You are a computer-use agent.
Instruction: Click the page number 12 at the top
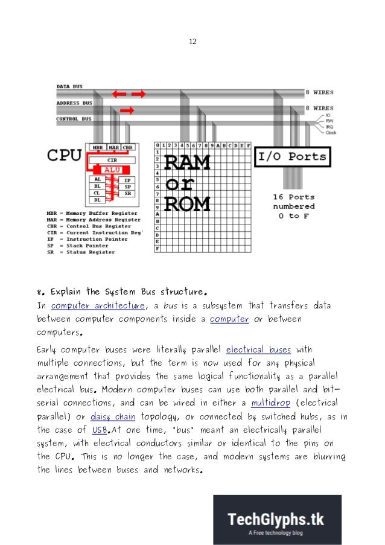[192, 42]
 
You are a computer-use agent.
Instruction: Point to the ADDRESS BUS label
[75, 103]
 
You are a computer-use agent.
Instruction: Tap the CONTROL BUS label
[74, 119]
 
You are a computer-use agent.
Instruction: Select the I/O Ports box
[292, 157]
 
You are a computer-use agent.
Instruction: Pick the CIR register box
[112, 161]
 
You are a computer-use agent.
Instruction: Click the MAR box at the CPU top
[113, 147]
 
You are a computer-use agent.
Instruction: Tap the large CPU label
[64, 155]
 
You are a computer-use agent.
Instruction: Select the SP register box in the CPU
[127, 187]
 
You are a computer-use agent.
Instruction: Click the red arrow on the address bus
[127, 110]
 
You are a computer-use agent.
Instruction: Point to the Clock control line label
[330, 133]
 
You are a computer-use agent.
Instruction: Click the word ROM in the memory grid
[187, 203]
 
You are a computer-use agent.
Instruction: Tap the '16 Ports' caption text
[294, 197]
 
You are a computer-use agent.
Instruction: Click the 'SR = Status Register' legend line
[80, 252]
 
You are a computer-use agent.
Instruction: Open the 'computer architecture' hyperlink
[98, 305]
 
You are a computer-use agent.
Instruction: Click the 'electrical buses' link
[258, 349]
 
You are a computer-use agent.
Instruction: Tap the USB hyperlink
[100, 430]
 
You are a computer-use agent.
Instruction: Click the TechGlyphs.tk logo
[277, 520]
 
